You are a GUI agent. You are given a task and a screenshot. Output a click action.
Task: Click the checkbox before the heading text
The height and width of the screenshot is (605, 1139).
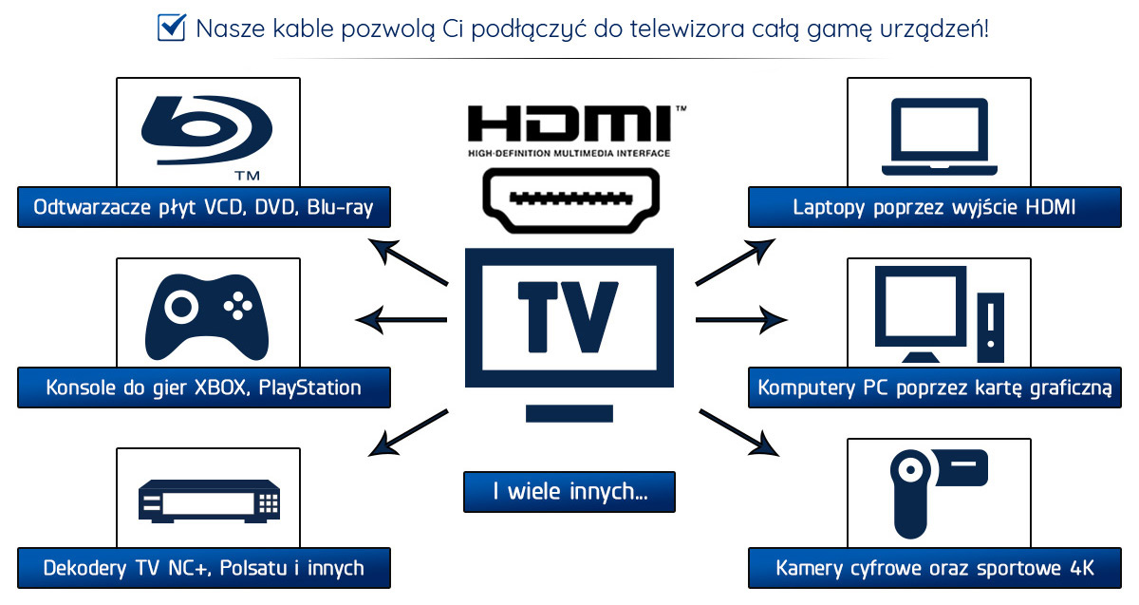pos(171,28)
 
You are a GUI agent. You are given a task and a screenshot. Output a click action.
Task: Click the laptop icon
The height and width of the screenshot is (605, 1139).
pos(938,138)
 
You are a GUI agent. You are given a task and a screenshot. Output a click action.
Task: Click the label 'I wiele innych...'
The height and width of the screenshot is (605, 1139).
pos(569,492)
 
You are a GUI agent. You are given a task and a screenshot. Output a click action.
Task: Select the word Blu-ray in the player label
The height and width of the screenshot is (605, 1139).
pos(340,207)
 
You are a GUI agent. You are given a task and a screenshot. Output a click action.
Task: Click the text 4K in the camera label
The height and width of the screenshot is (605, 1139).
pos(1081,568)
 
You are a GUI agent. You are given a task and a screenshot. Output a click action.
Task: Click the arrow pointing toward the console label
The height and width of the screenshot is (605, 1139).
pos(401,319)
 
